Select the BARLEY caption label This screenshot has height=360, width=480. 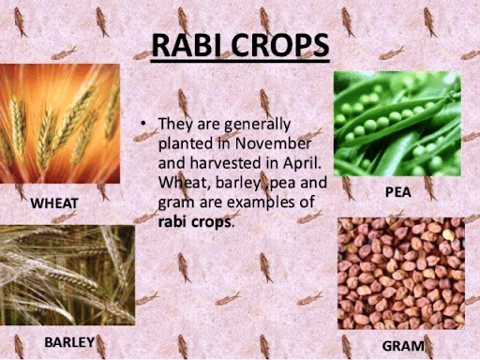click(x=69, y=342)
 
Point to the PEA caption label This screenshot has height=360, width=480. click(x=398, y=191)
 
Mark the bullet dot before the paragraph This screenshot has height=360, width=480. click(x=142, y=125)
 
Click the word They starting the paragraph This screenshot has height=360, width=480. click(x=175, y=124)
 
